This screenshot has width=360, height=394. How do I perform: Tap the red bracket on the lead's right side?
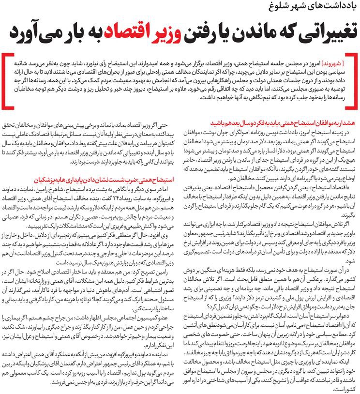353,77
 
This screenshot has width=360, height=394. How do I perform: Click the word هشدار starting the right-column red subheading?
348,122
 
